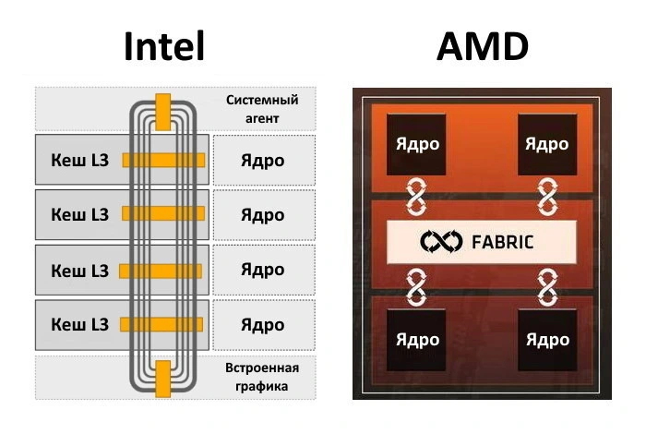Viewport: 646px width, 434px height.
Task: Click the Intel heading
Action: coord(163,46)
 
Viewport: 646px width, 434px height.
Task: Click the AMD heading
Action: coord(483,46)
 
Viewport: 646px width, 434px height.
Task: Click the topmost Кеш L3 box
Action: coord(79,161)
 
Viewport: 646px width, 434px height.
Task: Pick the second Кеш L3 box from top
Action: coord(79,215)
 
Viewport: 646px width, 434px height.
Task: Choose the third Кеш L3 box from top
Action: coord(79,271)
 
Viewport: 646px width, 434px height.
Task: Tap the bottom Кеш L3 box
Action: coord(79,325)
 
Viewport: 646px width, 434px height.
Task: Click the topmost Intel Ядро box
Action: coord(263,161)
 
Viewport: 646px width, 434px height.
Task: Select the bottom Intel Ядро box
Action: coord(263,325)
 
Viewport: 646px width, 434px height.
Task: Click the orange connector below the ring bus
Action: coord(163,377)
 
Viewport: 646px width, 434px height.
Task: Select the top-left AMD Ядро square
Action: coord(417,145)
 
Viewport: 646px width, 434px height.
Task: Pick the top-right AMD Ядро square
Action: coord(546,145)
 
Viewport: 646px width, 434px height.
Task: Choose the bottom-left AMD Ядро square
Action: coord(417,340)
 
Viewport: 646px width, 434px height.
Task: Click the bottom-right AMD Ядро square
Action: coord(546,340)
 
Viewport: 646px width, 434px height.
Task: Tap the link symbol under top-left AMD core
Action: coord(417,197)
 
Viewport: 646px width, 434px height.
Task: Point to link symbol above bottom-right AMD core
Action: coord(546,287)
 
